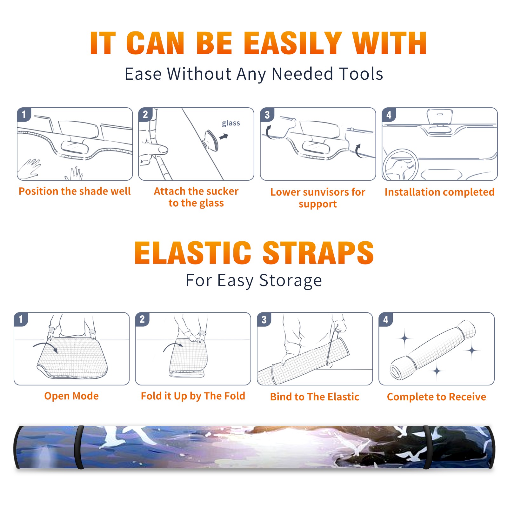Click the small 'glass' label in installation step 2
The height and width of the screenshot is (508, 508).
click(x=231, y=123)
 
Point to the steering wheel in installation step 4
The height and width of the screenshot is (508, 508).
click(x=400, y=165)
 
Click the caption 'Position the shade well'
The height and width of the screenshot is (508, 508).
click(x=75, y=191)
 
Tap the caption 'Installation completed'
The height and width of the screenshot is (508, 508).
click(x=439, y=192)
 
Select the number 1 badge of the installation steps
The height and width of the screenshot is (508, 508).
click(x=24, y=114)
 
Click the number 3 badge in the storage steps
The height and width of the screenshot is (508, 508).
click(x=264, y=319)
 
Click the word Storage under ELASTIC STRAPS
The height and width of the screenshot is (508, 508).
click(x=291, y=281)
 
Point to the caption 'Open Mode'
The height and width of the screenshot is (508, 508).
click(x=71, y=396)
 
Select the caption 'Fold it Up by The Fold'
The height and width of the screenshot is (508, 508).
click(x=193, y=396)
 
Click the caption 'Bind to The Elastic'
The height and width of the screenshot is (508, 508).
click(x=315, y=397)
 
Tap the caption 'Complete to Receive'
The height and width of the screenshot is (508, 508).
click(x=437, y=397)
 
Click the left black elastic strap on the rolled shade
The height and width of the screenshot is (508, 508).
click(x=79, y=447)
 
